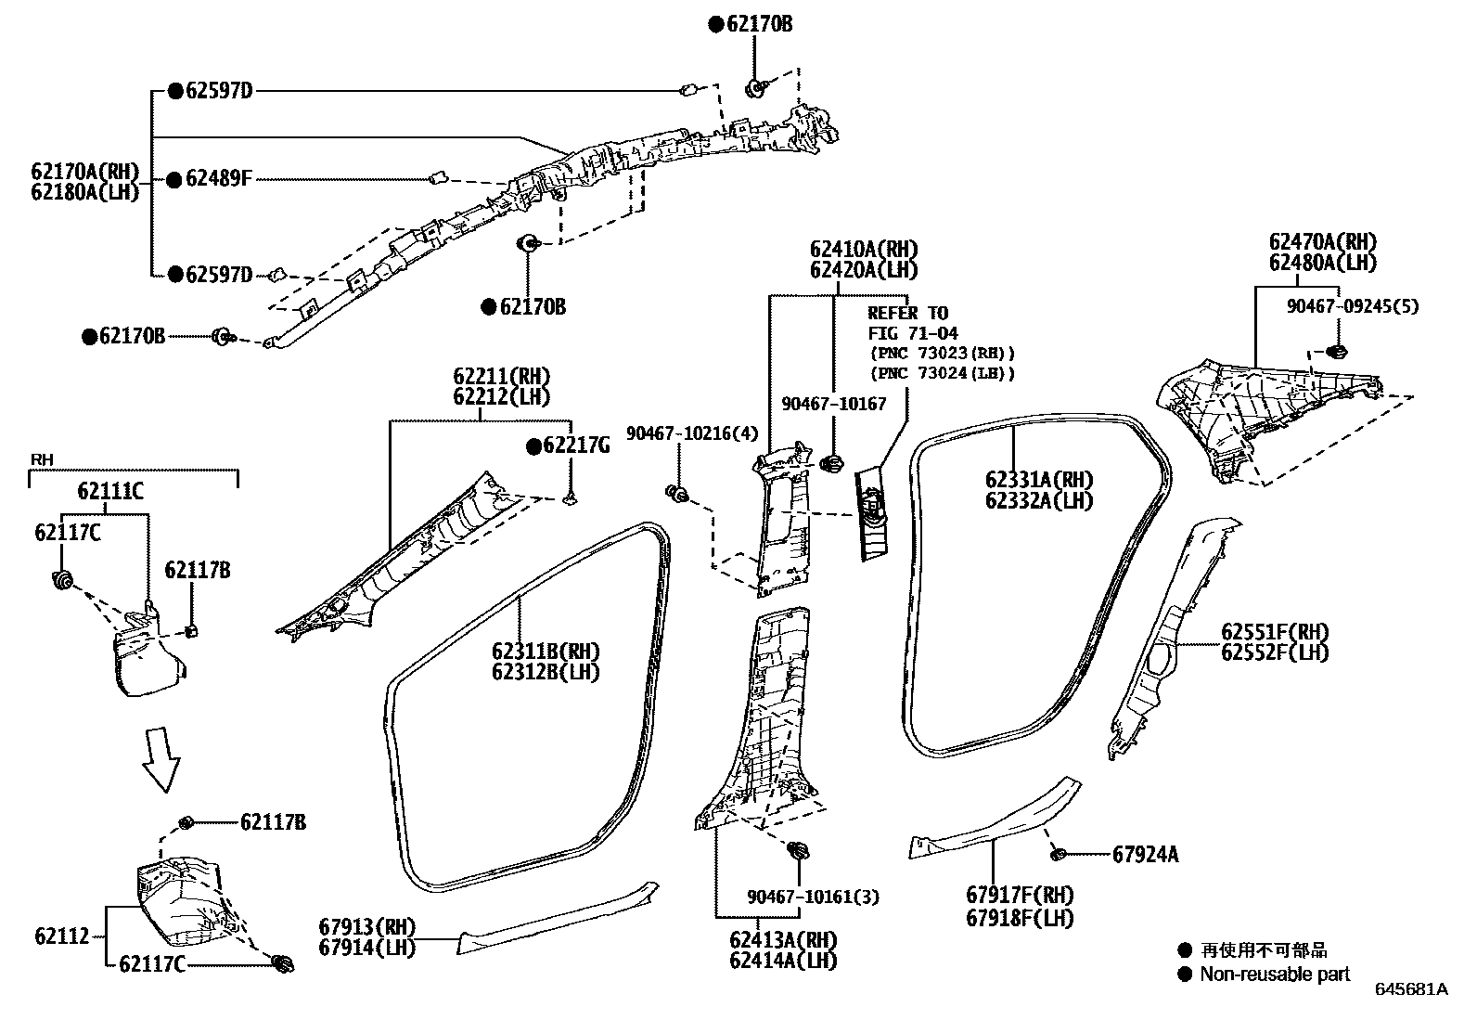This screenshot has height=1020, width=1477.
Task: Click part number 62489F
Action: [x=218, y=178]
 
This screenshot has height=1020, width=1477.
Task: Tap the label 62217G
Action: [x=576, y=446]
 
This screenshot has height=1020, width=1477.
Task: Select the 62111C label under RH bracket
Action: [x=110, y=492]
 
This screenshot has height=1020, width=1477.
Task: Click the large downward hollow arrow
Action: [x=161, y=758]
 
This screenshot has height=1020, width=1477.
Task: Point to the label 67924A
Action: [x=1145, y=854]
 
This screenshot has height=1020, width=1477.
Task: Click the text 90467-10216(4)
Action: [x=692, y=433]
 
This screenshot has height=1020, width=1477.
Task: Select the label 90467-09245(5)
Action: [x=1353, y=306]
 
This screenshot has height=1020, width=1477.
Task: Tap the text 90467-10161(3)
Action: [x=814, y=897]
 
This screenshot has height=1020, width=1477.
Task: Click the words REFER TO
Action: [x=907, y=313]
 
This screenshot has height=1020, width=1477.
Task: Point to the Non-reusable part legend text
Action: [x=1275, y=974]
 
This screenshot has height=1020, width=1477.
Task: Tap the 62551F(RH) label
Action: [x=1275, y=632]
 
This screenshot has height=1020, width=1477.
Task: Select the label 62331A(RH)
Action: [x=1039, y=480]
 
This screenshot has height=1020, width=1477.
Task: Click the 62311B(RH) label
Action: [x=546, y=651]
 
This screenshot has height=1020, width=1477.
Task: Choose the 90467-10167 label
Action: [x=834, y=404]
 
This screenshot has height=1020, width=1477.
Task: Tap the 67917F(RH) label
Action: [x=1020, y=896]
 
